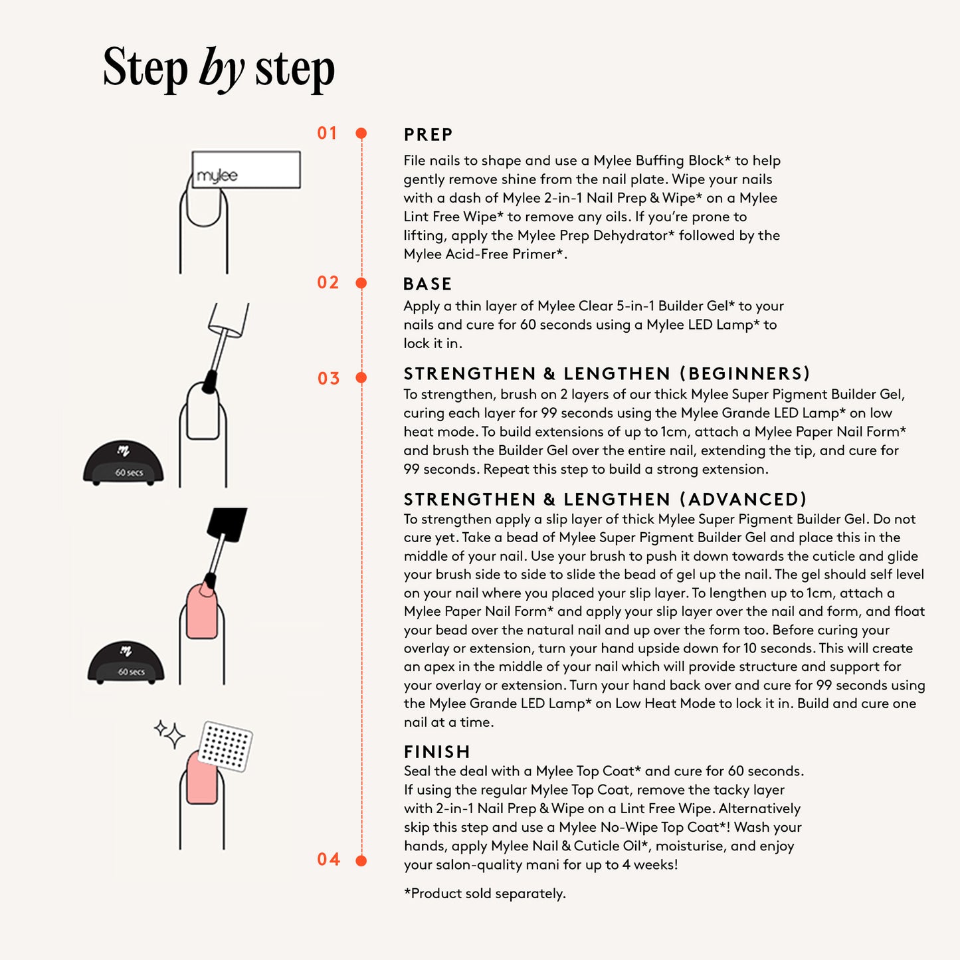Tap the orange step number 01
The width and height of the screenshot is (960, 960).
click(328, 133)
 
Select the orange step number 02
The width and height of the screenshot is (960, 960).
click(328, 282)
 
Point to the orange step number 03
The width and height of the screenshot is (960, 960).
click(328, 378)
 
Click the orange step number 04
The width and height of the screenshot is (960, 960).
click(328, 859)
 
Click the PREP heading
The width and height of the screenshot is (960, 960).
click(428, 134)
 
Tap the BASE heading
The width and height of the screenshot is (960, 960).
click(427, 284)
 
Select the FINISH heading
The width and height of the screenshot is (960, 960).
click(437, 751)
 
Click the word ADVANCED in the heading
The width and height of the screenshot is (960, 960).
click(743, 499)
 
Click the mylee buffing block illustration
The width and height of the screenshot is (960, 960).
click(246, 169)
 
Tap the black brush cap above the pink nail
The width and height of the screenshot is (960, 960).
click(227, 524)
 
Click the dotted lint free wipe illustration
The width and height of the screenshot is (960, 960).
click(225, 746)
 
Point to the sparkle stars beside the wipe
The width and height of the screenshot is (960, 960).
click(169, 733)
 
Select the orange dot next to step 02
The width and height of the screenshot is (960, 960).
click(361, 283)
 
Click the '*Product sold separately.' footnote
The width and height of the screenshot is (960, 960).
click(485, 894)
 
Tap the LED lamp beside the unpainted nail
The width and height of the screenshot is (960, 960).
click(123, 462)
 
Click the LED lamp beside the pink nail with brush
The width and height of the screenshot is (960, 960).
click(126, 662)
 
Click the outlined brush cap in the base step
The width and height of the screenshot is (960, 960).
click(228, 320)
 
